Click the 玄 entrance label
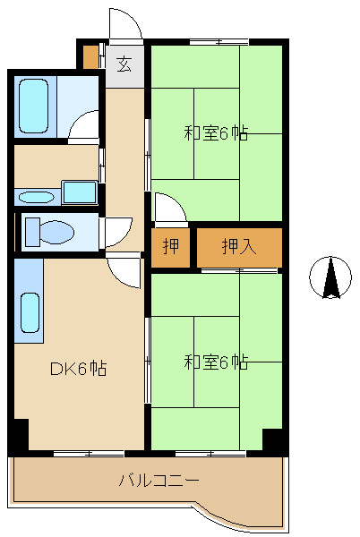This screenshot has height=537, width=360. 124,64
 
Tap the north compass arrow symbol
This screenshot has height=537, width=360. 330,277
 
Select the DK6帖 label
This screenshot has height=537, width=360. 79,369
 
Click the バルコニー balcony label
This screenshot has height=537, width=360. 159,481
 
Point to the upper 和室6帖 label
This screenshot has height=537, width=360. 216,133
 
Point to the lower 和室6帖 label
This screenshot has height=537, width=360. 216,362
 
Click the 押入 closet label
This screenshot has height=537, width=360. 239,246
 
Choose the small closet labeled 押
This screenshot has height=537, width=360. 170,246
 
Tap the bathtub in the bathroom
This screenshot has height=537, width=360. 33,107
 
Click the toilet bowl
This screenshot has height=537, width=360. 50,232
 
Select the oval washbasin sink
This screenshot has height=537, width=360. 36,198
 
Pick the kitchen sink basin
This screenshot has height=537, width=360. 30,312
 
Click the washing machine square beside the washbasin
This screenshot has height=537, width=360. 80,192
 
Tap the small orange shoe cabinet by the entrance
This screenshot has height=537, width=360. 90,57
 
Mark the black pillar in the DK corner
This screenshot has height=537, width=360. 21,434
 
